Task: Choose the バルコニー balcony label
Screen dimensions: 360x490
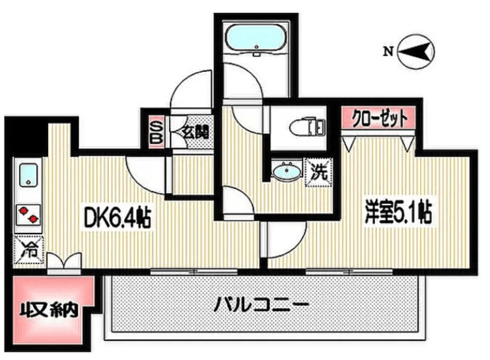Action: coord(261,304)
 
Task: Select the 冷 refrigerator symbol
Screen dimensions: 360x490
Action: coord(28,249)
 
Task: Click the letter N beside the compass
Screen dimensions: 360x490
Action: coord(388,51)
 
